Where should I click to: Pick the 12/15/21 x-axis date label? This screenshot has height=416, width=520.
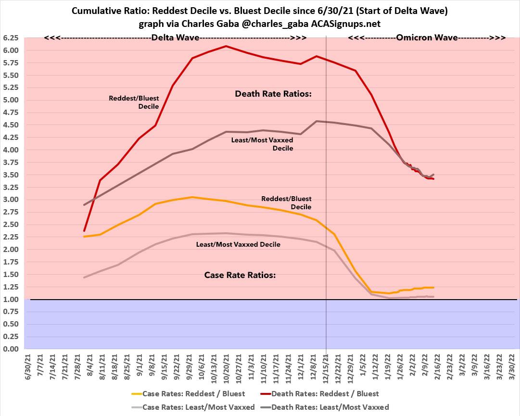[327, 368]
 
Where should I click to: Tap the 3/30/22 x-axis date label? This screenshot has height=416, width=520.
[511, 366]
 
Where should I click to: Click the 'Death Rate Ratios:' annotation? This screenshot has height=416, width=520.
[273, 94]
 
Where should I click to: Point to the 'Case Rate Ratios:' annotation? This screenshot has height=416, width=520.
[240, 276]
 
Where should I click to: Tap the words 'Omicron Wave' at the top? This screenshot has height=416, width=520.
[423, 38]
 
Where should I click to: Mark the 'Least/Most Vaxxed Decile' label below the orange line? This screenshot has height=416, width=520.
[238, 244]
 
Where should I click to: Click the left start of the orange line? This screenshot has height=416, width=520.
[84, 237]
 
